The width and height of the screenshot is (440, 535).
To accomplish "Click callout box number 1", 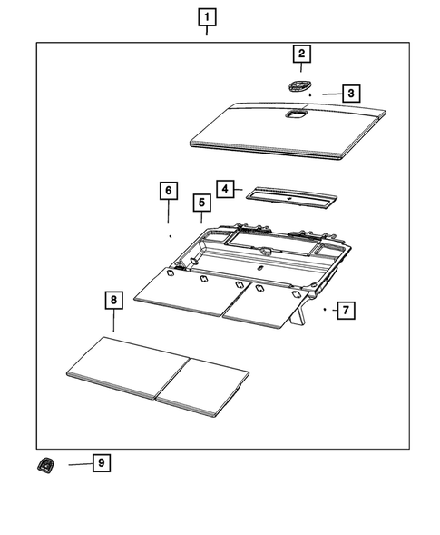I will [208, 17].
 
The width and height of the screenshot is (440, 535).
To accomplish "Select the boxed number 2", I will [300, 54].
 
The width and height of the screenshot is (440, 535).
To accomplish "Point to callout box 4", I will [225, 189].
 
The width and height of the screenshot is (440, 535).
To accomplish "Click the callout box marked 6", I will [168, 190].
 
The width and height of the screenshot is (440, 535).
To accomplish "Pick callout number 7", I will [345, 311].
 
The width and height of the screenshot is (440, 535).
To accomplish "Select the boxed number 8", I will [112, 299].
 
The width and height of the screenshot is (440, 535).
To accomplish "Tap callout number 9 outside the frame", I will [102, 463].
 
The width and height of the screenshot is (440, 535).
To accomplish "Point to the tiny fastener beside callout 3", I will [311, 94].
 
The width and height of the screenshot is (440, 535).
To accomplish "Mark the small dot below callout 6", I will [170, 234].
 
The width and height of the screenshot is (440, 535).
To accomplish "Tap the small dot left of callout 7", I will [324, 310].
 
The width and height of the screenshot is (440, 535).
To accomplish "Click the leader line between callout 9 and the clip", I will [78, 463].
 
